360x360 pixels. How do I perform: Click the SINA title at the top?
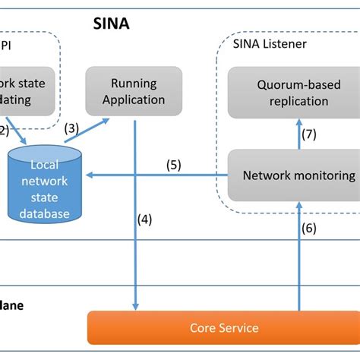[111, 24]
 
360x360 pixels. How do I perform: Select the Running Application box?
[134, 90]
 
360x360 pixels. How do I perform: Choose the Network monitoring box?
[298, 175]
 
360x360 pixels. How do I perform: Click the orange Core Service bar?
[223, 328]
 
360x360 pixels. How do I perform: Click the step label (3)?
[72, 129]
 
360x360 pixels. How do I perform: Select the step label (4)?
[145, 220]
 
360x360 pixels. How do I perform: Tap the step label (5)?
[173, 164]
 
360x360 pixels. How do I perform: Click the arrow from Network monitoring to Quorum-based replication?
[298, 136]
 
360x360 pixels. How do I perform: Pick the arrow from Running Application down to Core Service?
[134, 228]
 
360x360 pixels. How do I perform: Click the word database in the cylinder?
[44, 213]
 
